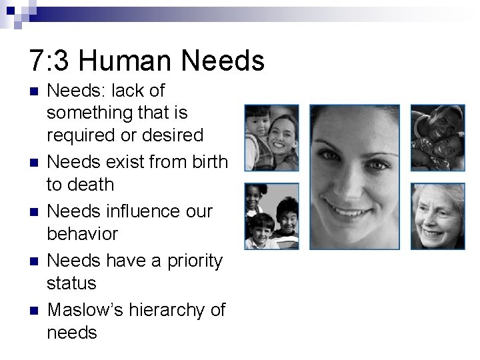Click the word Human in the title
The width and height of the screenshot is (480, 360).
click(x=133, y=60)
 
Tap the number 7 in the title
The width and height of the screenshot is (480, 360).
click(x=38, y=60)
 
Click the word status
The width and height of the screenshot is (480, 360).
click(x=71, y=283)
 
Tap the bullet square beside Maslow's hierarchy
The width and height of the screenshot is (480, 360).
click(x=34, y=310)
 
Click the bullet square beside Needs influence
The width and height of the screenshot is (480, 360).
click(x=34, y=211)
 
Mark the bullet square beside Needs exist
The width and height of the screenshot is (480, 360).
click(x=34, y=162)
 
